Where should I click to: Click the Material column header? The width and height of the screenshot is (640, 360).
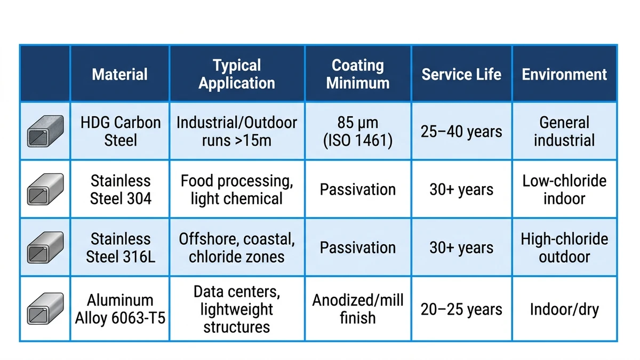tap(119, 74)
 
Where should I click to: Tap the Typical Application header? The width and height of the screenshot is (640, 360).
tap(237, 74)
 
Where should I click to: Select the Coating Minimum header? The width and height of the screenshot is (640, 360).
tap(358, 74)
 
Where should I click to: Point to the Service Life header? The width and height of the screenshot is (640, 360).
tap(461, 74)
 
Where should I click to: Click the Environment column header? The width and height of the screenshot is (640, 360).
tap(564, 74)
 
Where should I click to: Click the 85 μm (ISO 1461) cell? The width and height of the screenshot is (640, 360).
tap(358, 131)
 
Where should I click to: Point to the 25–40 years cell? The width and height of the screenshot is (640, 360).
tap(461, 131)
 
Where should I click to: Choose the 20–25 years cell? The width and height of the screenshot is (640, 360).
tap(461, 309)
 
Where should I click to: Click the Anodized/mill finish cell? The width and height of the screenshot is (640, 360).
tap(358, 309)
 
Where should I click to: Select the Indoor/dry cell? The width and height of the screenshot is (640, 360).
tap(564, 309)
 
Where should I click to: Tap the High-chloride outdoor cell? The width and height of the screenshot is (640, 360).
tap(564, 247)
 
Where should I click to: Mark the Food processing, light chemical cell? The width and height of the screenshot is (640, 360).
tap(237, 190)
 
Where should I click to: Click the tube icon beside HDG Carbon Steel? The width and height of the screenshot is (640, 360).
tap(45, 131)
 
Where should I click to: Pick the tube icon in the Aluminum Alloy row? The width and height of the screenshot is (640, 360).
tap(45, 309)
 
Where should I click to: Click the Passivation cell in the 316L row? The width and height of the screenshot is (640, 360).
tap(358, 247)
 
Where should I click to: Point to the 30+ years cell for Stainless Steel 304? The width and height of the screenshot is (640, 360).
tap(461, 189)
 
